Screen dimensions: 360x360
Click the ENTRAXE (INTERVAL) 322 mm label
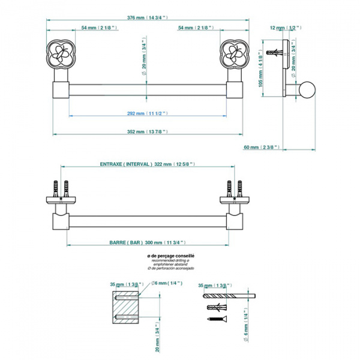tap(148, 164)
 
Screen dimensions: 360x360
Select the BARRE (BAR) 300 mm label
tap(146, 242)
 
